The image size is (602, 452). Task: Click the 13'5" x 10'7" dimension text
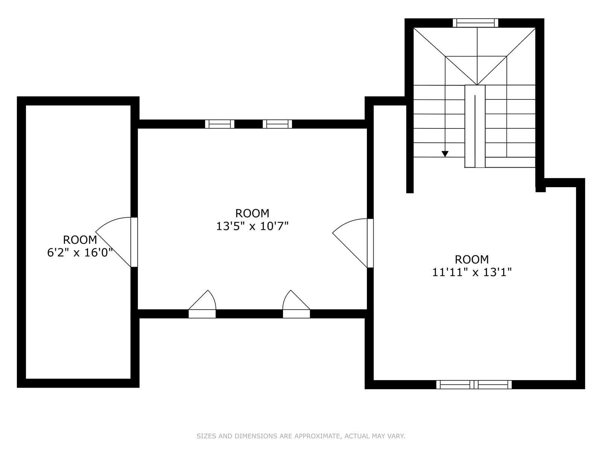tap(252, 226)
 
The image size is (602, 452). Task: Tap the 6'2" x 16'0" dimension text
tap(80, 253)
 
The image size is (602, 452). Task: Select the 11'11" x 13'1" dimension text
tap(472, 272)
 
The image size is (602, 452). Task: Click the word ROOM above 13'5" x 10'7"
tap(252, 213)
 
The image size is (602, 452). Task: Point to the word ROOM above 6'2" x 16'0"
tap(80, 240)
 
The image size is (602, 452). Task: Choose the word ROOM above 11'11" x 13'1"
tap(472, 260)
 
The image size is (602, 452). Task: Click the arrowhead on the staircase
tap(445, 154)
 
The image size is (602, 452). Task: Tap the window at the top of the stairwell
tap(475, 23)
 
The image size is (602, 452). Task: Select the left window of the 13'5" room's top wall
tap(220, 124)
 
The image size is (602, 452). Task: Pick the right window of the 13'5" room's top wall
tap(277, 124)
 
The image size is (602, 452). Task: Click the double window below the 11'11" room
tap(474, 385)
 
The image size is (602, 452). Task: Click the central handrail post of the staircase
tap(475, 126)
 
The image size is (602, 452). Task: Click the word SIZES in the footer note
tap(206, 436)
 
